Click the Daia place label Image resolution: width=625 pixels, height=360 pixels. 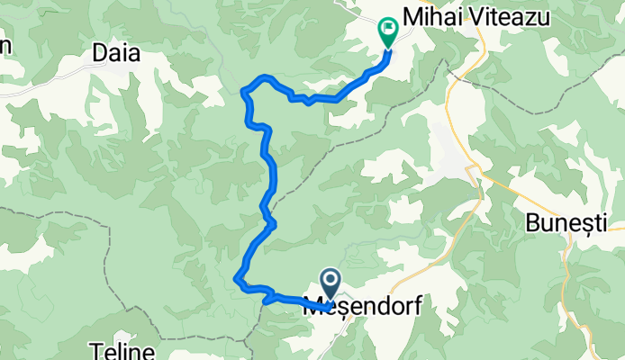pyautogui.click(x=117, y=54)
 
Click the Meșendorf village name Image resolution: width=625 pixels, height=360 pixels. pyautogui.click(x=364, y=307)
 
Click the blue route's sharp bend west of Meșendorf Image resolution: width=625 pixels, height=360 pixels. pyautogui.click(x=238, y=279)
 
